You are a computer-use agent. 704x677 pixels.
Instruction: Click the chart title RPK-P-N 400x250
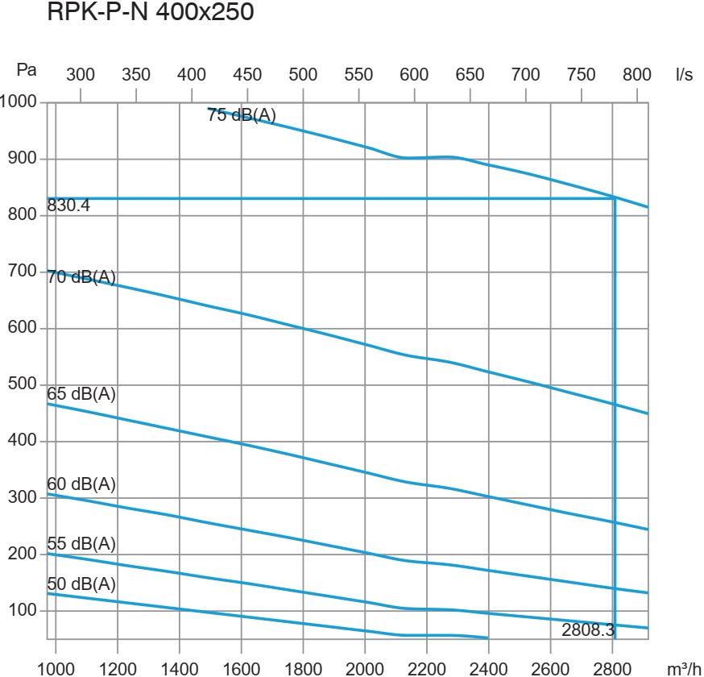coord(151,14)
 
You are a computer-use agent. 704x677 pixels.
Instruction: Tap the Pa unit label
coord(27,70)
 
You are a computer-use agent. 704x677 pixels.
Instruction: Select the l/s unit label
coord(684,75)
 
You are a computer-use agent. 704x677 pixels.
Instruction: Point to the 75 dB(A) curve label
coord(242,115)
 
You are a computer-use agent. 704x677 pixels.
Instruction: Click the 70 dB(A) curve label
coord(81,278)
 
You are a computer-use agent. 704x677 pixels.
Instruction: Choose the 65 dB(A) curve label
coord(81,395)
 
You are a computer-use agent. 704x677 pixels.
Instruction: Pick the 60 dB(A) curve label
coord(81,484)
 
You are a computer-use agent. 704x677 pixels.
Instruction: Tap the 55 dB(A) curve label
coord(81,543)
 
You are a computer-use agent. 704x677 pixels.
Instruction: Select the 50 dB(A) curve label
coord(81,584)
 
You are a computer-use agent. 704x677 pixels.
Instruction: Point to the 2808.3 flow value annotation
coord(588,629)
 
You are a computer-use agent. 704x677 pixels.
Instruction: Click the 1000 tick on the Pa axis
coord(19,102)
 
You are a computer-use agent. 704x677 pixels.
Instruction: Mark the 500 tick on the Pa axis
coord(23,384)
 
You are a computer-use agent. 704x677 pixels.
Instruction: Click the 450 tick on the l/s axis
coord(247,75)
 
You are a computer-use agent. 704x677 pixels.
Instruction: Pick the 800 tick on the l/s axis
coord(636,75)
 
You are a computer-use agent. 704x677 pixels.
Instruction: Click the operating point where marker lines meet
coord(615,197)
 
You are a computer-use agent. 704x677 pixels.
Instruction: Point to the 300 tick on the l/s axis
coord(80,75)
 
